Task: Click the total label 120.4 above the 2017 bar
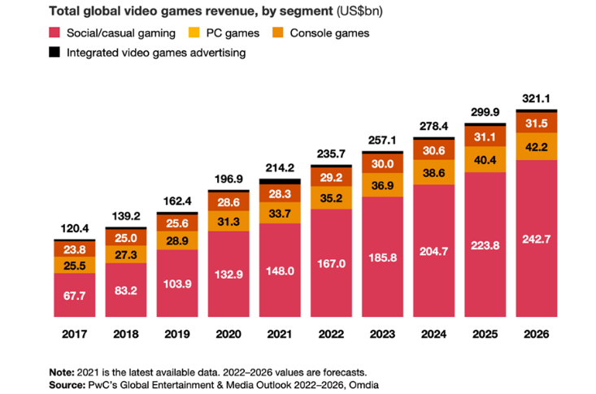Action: [75, 230]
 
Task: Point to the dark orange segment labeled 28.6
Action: [229, 201]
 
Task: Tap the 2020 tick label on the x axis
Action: [229, 333]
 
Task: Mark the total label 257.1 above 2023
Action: [384, 141]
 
